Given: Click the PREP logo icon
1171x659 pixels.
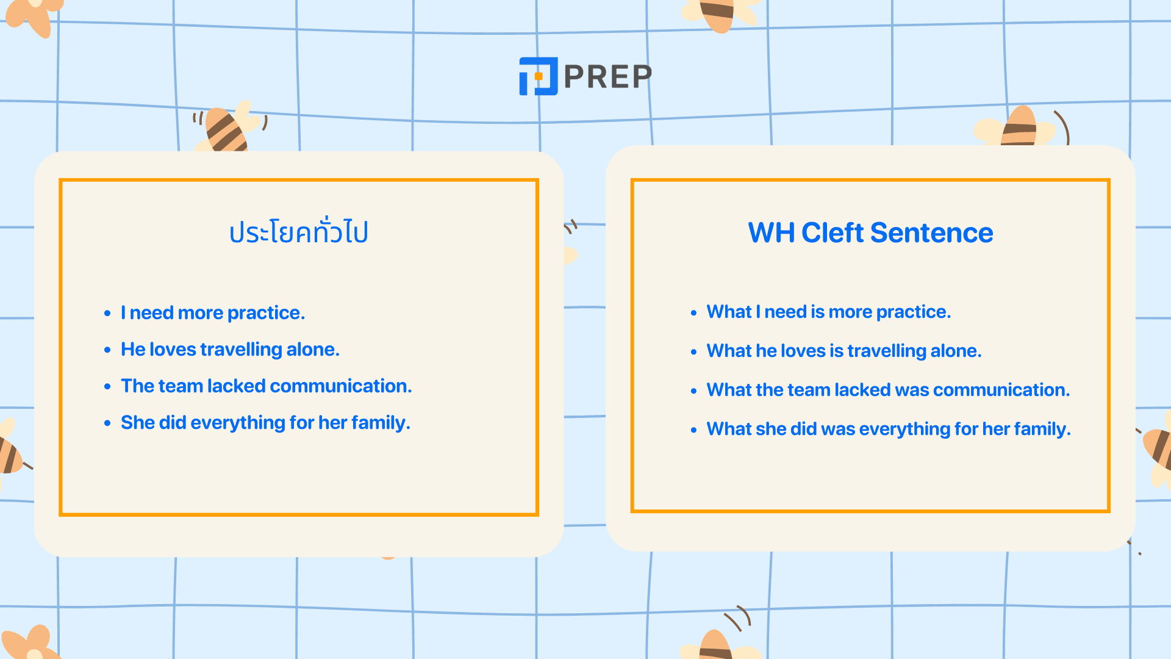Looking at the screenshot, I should tap(538, 76).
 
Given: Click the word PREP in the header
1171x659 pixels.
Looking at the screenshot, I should tap(608, 77).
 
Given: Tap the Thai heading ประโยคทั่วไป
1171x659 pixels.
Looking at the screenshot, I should tap(298, 232).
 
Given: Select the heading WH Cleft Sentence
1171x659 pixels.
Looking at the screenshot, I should tap(870, 232).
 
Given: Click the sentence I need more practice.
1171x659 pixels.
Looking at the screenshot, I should tap(212, 313).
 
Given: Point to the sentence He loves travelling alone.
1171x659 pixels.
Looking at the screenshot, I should tap(230, 350).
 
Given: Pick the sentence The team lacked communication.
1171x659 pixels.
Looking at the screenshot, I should tap(266, 386).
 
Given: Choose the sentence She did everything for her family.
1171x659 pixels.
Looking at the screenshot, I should tap(265, 423).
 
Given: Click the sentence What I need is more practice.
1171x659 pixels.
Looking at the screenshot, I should tap(828, 312).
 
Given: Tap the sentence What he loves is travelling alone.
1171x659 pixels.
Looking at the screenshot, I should tap(843, 351).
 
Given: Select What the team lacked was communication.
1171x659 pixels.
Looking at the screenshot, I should tap(888, 390).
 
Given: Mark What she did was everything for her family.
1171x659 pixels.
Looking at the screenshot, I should tap(889, 429).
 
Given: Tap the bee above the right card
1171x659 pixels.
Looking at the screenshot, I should tap(1019, 127).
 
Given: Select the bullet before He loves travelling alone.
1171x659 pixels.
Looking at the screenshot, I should tap(107, 350).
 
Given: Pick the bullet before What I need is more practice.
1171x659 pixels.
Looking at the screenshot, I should tap(693, 313).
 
